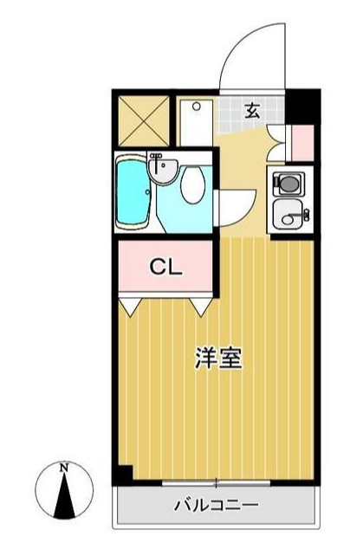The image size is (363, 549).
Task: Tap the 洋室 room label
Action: tap(217, 358)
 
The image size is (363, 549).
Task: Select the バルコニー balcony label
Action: tap(216, 504)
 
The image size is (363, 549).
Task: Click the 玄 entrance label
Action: tap(252, 110)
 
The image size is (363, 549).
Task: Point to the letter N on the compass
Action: tap(63, 468)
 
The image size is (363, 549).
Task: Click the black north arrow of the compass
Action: tap(64, 495)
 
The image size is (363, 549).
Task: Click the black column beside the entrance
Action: tap(302, 105)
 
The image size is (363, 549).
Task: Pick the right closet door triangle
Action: tap(203, 305)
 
